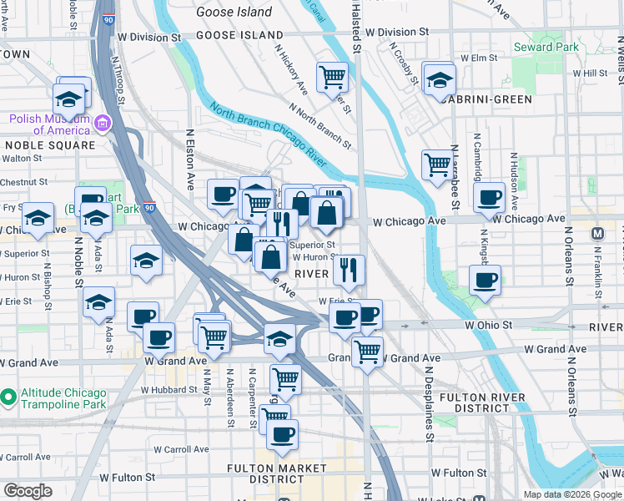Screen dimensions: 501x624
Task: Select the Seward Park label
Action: pyautogui.click(x=546, y=48)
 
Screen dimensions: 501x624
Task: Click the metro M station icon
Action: pyautogui.click(x=596, y=233)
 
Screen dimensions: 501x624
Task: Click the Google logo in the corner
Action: pyautogui.click(x=27, y=490)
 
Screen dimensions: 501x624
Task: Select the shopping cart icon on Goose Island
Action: pyautogui.click(x=333, y=78)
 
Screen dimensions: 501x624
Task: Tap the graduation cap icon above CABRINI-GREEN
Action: pyautogui.click(x=439, y=81)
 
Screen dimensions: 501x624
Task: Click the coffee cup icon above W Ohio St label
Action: pyautogui.click(x=484, y=281)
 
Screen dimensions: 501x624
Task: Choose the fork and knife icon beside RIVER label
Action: pyautogui.click(x=349, y=269)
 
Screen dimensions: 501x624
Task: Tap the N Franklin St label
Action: pyautogui.click(x=598, y=267)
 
